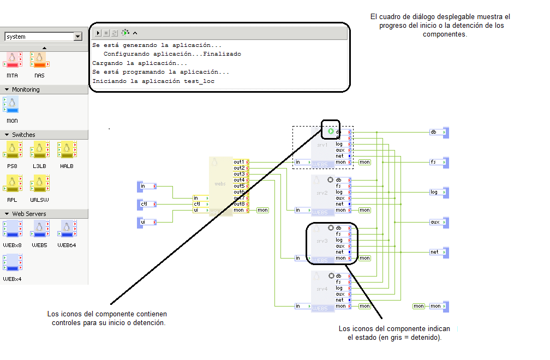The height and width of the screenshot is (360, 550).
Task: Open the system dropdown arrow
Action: click(78, 37)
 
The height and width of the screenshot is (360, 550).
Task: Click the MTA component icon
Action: click(13, 60)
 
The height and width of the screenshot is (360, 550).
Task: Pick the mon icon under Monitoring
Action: click(11, 105)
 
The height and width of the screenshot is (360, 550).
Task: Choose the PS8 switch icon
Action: click(13, 149)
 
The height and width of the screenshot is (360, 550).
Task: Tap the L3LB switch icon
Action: click(39, 149)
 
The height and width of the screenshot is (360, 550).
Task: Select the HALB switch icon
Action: click(67, 149)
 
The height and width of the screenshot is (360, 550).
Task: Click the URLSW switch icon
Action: click(39, 183)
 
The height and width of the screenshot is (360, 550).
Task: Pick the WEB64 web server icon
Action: click(67, 229)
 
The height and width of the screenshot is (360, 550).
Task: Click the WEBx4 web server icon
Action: click(13, 262)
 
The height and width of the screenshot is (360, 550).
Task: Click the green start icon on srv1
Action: click(331, 131)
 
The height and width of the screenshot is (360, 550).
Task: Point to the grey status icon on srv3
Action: click(331, 227)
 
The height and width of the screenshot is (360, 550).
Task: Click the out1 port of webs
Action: click(241, 162)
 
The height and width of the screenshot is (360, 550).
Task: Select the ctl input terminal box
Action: click(145, 204)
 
